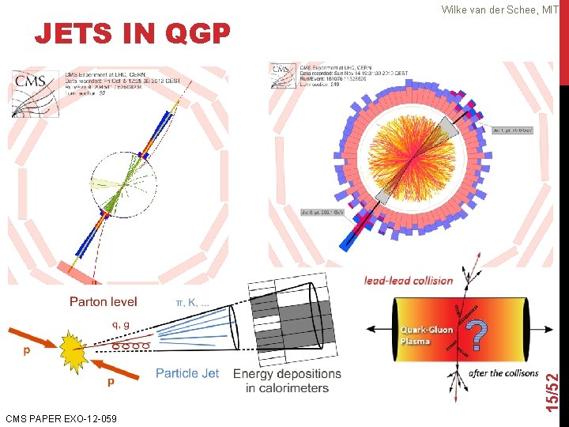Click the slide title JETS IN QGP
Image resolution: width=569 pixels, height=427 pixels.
click(x=132, y=33)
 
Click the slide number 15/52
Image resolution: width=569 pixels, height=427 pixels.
click(x=556, y=380)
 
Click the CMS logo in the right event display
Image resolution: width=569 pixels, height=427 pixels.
click(x=282, y=70)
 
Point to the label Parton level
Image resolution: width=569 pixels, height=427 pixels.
click(x=103, y=301)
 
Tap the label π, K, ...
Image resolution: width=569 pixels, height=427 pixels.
click(x=192, y=301)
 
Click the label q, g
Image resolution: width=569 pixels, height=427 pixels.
click(x=121, y=323)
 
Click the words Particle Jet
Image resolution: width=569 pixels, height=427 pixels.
click(x=187, y=372)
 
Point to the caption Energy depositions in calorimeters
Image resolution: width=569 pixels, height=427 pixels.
click(x=287, y=380)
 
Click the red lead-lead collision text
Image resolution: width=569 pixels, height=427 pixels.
click(x=408, y=280)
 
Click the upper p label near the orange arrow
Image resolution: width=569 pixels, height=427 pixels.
click(x=27, y=350)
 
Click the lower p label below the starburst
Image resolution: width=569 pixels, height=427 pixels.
click(x=111, y=380)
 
